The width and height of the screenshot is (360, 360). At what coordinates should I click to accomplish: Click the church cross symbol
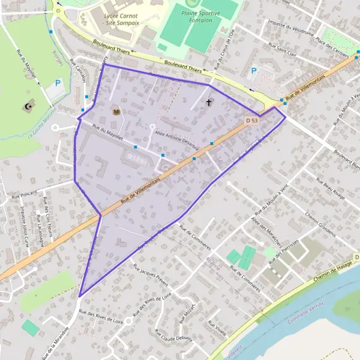point(209,103)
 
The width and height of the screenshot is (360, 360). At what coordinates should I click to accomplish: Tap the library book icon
point(116,111)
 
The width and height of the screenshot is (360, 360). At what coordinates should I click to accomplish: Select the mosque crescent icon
point(27,107)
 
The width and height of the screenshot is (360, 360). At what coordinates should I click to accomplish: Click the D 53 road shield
point(252,121)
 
